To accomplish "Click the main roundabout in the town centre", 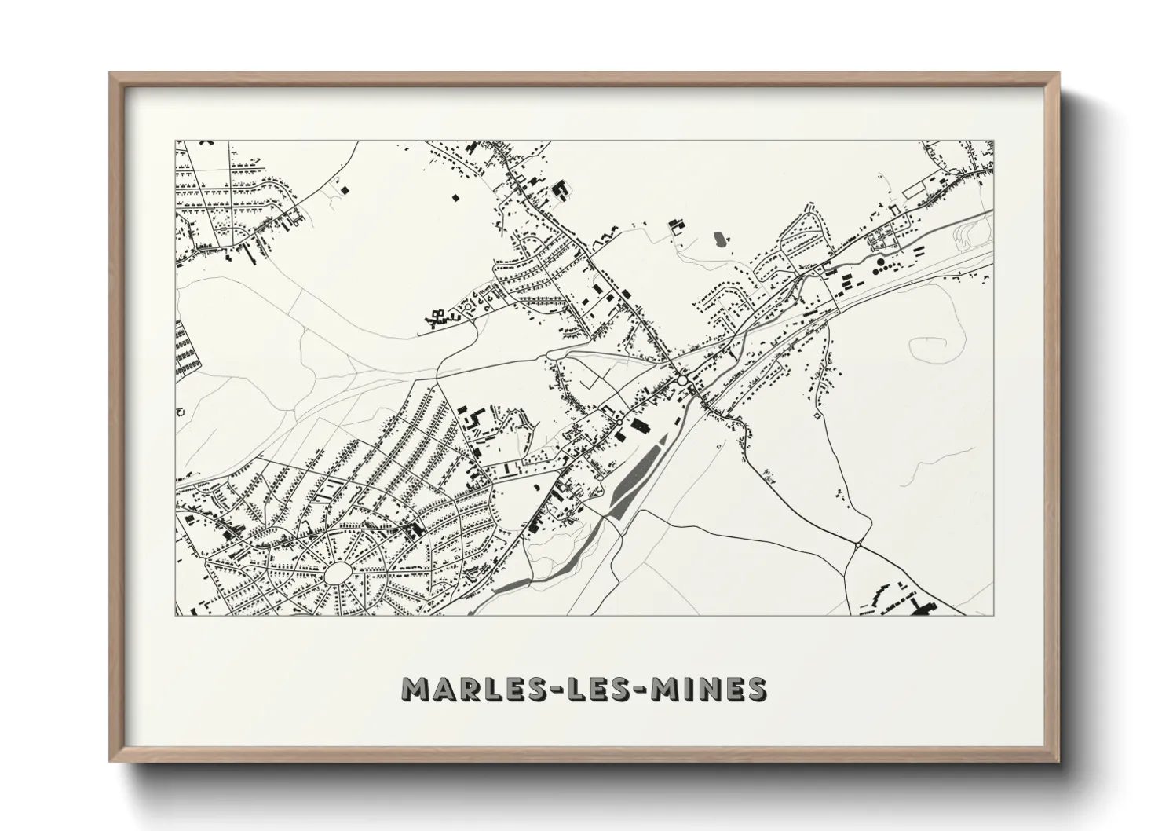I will tap(682, 380).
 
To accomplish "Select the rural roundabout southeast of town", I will tap(858, 544).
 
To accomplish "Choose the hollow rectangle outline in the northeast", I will tap(915, 190).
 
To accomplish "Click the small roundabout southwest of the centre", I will tap(619, 423).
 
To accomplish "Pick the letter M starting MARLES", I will tap(415, 690).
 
